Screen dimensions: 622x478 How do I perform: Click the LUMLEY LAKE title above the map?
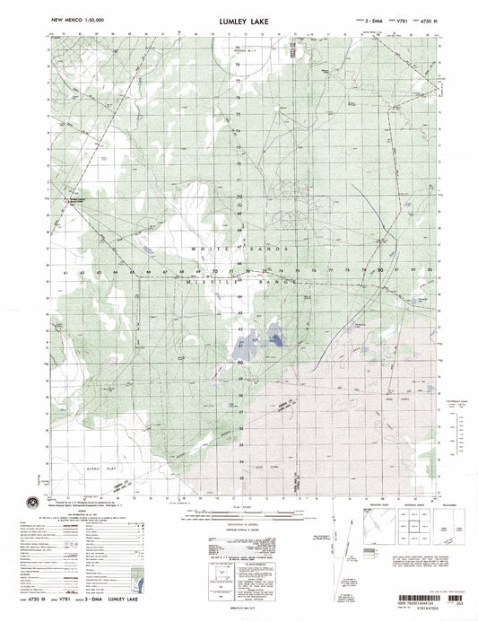point(239,18)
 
